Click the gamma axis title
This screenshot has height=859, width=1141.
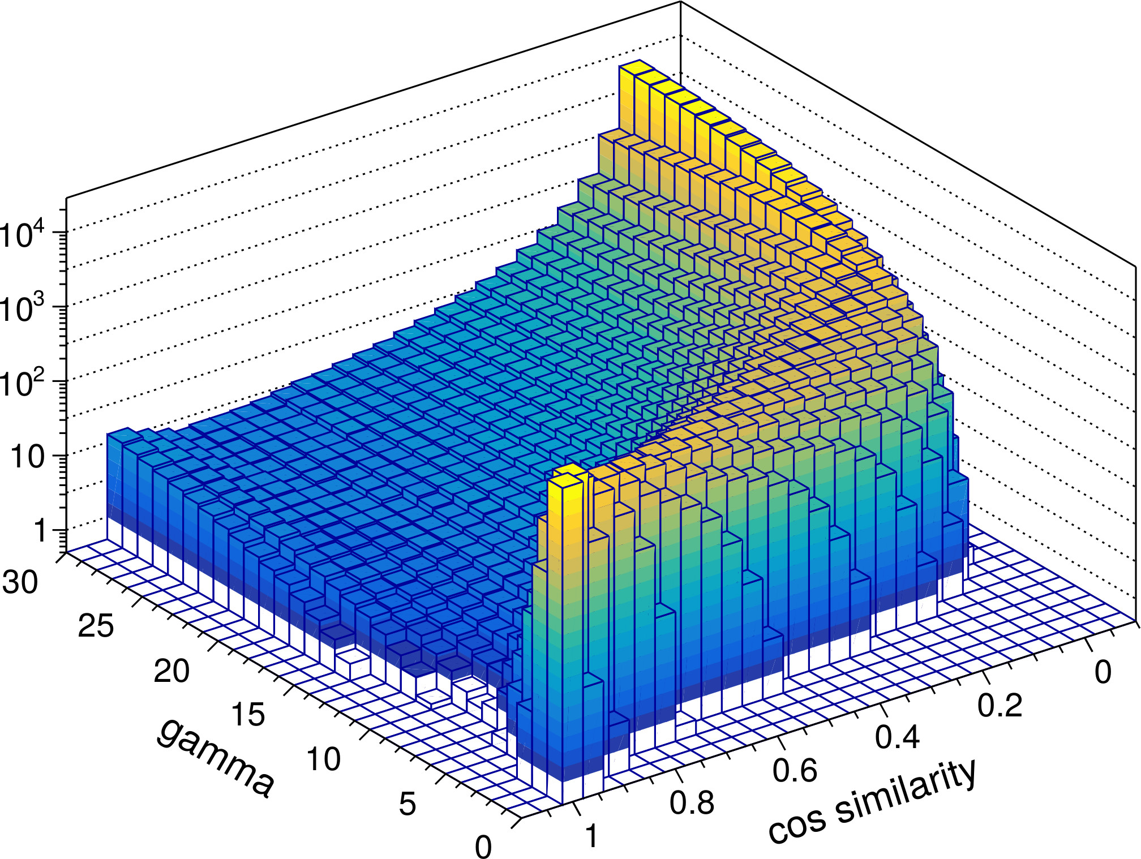coord(215,758)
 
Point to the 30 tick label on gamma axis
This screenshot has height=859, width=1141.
coord(20,581)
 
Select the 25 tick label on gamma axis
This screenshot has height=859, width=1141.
coord(96,626)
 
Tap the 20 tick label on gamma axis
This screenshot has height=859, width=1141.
coord(171,671)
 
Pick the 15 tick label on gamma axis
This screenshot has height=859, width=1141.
coord(248,715)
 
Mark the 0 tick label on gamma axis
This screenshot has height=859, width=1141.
coord(483,847)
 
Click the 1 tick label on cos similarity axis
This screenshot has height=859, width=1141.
coord(592,836)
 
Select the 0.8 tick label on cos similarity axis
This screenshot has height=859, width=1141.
coord(692,802)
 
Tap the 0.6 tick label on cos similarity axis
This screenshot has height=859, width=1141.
coord(795,770)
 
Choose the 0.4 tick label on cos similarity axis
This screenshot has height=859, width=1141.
coord(898,737)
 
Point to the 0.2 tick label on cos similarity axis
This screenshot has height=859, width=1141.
coord(1000,705)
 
